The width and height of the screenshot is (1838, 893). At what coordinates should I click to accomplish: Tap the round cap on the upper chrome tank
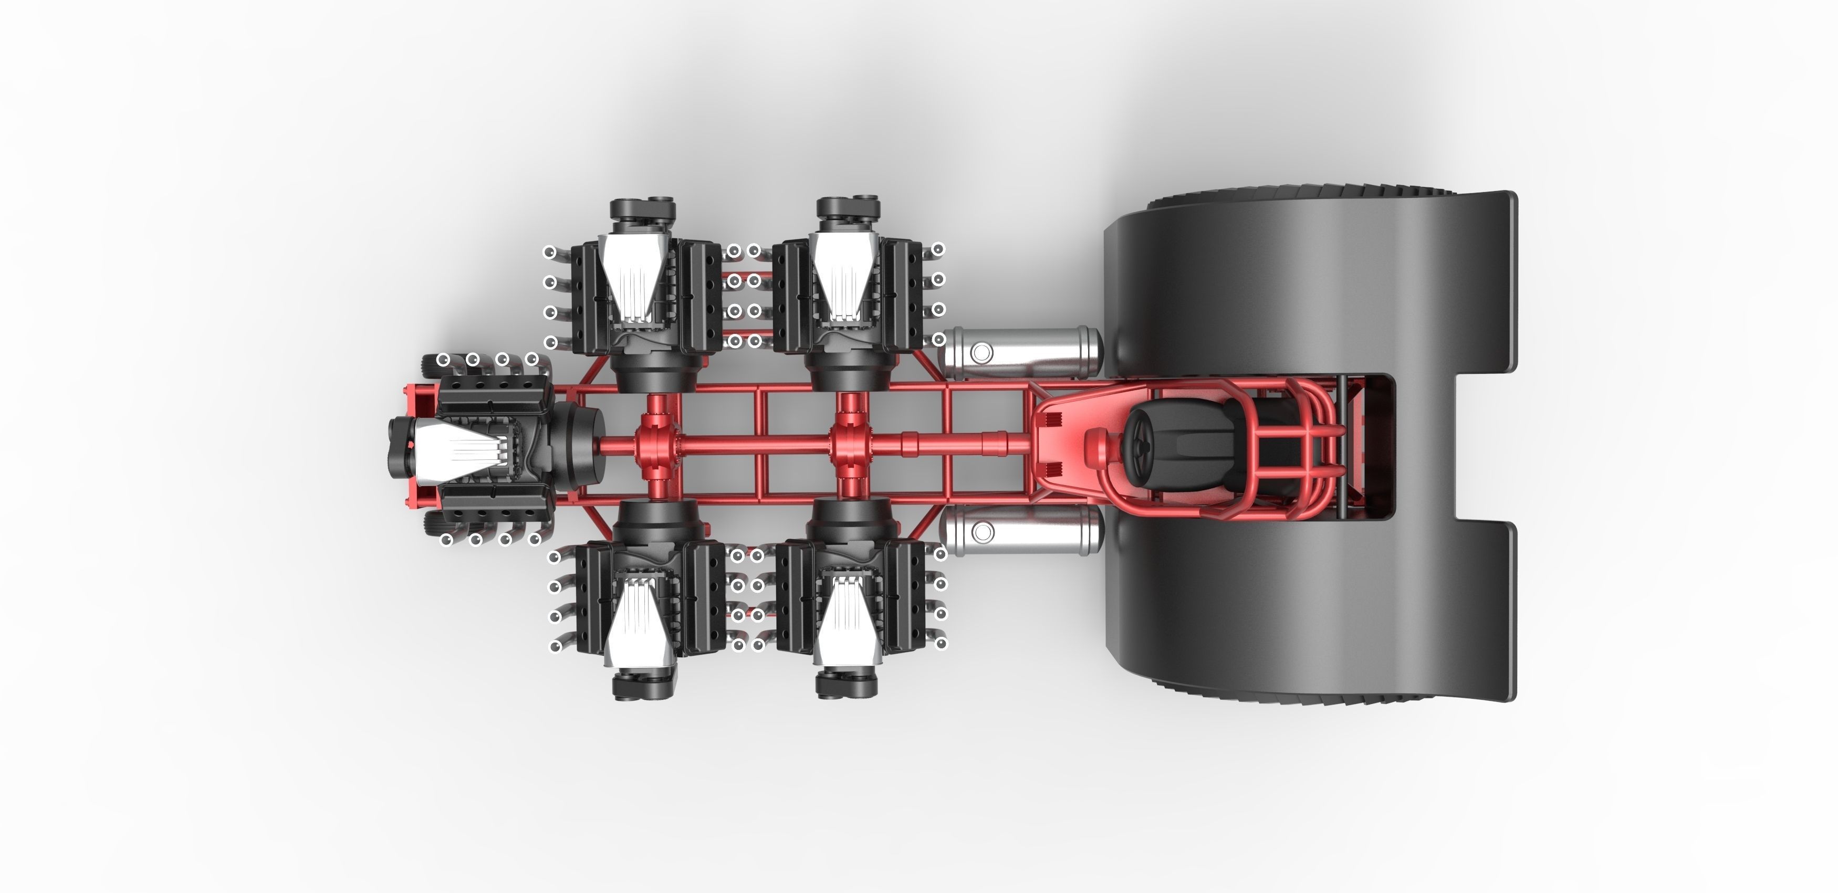click(x=982, y=352)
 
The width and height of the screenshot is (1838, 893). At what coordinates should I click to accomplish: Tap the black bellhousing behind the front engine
click(x=575, y=446)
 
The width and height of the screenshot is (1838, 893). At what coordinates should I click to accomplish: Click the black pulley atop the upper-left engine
click(x=643, y=209)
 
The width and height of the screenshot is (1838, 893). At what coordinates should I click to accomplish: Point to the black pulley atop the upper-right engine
click(x=848, y=209)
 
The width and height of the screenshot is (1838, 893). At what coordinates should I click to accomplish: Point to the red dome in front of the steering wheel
click(x=1098, y=446)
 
